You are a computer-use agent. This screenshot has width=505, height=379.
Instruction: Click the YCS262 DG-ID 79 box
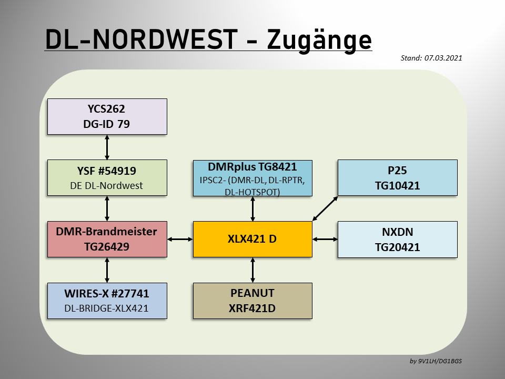(107, 116)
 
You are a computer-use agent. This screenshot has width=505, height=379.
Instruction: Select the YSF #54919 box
(107, 177)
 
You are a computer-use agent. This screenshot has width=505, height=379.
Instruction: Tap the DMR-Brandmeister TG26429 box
(107, 239)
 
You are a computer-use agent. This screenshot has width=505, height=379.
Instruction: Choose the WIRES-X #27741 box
(107, 301)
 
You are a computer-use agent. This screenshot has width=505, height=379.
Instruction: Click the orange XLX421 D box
(252, 239)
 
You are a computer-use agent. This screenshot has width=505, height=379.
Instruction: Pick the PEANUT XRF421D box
(252, 301)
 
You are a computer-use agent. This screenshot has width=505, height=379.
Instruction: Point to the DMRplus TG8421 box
(252, 178)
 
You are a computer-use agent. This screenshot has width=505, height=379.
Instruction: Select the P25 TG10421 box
(398, 177)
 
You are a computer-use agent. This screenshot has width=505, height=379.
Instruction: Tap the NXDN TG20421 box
(398, 240)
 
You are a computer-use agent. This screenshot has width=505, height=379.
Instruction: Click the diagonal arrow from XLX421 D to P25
(325, 208)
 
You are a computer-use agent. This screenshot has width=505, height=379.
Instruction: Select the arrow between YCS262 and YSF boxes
(107, 147)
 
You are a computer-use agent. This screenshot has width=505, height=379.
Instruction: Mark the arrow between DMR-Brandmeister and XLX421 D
(180, 239)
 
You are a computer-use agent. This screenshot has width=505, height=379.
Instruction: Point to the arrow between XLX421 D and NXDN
(325, 239)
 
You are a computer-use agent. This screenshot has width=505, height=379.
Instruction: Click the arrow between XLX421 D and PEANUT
(252, 270)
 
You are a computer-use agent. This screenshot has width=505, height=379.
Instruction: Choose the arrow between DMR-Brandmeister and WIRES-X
(107, 270)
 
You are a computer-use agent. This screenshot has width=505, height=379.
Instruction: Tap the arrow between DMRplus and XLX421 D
(252, 209)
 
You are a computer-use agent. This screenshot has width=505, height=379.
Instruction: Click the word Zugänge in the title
(319, 40)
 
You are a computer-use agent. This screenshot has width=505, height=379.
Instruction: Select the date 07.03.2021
(443, 58)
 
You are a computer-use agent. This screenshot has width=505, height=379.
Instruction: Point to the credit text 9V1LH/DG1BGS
(440, 361)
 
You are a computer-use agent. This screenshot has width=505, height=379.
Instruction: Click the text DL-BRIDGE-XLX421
(106, 308)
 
